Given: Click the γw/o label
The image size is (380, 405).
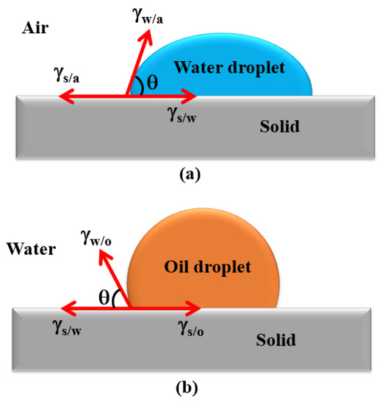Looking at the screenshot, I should pos(94,236).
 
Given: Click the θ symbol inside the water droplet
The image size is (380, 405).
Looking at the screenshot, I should pos(151,84).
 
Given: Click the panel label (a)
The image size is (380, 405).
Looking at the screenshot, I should pos(189,175).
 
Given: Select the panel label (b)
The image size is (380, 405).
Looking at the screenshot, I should pos(189,385).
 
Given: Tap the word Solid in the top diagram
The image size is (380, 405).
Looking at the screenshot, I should pos(279,126).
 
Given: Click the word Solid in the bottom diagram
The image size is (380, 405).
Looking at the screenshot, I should pos(276,339).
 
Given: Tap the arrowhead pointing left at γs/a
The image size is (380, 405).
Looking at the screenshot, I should pos(62,96).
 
